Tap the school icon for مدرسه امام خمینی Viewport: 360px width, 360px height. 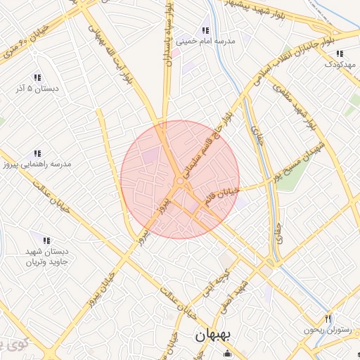click(x=205, y=30)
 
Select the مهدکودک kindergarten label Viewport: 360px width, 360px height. click(x=340, y=65)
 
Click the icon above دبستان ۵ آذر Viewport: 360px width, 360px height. click(x=37, y=77)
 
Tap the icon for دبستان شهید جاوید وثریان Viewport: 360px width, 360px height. click(x=46, y=241)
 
